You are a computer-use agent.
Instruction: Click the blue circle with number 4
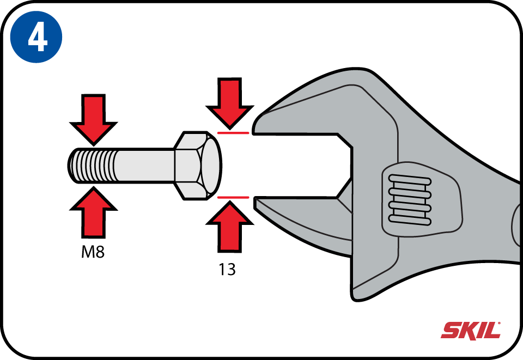(37, 36)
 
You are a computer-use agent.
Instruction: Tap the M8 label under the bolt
(93, 252)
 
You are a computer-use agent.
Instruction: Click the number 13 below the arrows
(227, 270)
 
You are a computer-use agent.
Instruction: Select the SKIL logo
(471, 330)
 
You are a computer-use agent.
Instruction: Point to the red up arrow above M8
(93, 212)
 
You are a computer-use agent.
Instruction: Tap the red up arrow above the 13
(229, 227)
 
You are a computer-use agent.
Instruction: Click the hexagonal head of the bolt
(197, 166)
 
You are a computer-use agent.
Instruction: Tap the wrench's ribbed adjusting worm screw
(410, 199)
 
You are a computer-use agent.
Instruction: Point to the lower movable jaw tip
(256, 203)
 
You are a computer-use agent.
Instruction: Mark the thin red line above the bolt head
(233, 133)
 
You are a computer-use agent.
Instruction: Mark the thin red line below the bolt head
(233, 197)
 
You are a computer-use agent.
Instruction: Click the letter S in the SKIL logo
(451, 331)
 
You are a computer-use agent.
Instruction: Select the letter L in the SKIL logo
(491, 331)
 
